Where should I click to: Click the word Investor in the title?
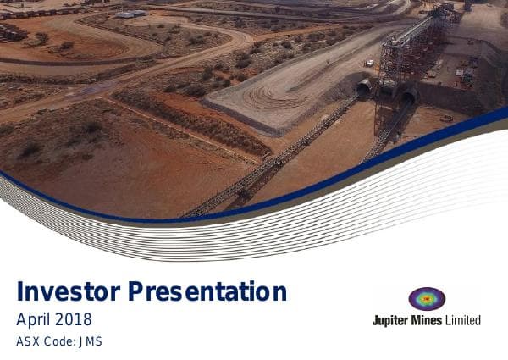69,292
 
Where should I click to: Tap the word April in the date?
34,319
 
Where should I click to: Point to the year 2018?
75,319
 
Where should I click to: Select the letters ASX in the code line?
28,342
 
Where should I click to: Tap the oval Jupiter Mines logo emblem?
427,299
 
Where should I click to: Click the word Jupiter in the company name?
392,320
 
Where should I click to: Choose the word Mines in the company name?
430,320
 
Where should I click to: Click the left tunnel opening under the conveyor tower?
364,88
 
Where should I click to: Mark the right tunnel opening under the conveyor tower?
408,99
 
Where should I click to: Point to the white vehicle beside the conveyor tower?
369,62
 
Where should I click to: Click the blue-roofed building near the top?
130,14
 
